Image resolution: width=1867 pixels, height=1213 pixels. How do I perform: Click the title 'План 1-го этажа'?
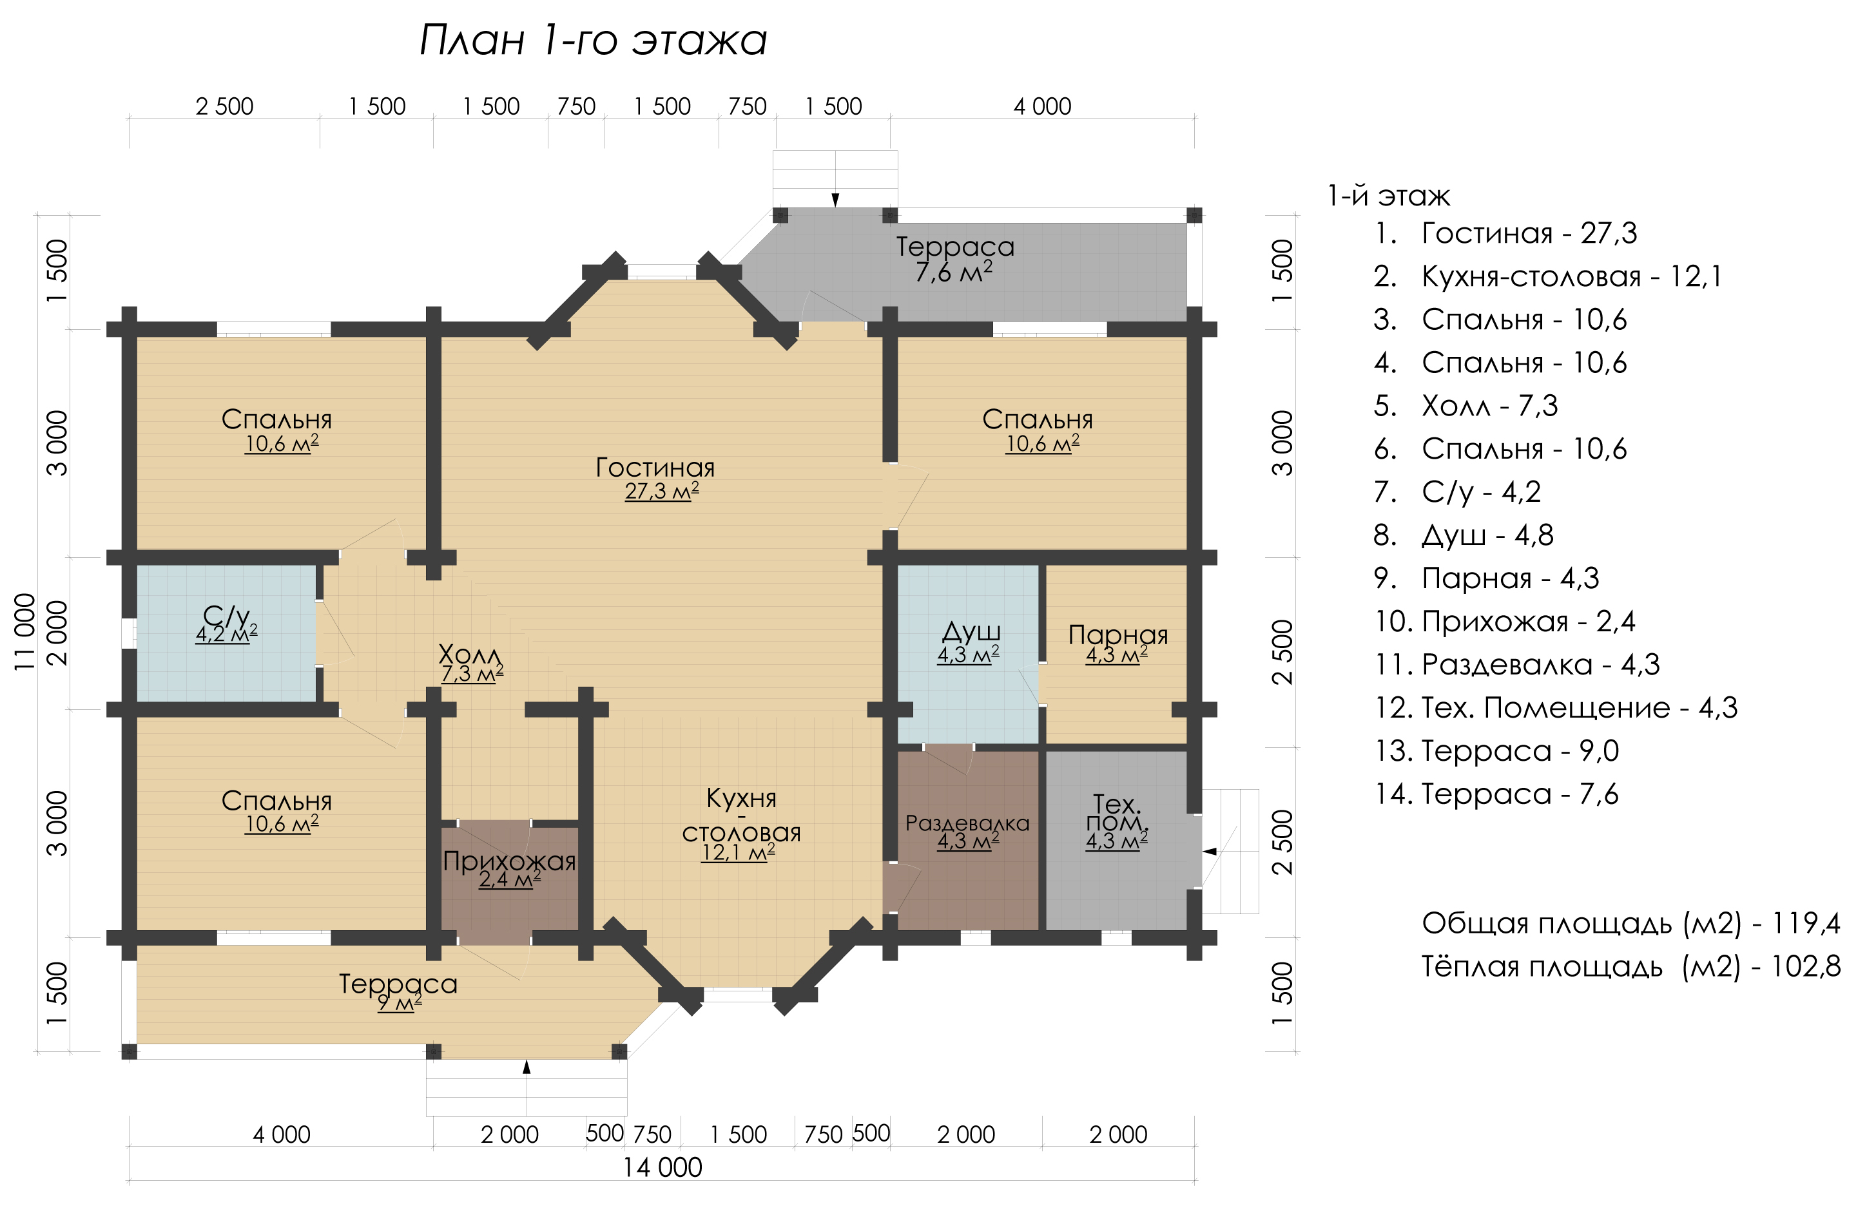(x=593, y=40)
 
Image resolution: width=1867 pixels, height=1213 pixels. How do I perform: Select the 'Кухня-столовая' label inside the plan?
(x=741, y=816)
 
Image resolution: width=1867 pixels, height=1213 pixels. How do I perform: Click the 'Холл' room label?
(x=469, y=653)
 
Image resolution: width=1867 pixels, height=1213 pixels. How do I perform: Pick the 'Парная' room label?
(x=1118, y=635)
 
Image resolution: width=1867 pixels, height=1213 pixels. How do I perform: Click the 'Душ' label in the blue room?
(x=971, y=632)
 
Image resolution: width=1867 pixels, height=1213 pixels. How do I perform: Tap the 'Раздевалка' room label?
(x=967, y=823)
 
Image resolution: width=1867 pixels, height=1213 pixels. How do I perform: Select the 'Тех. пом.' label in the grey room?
(x=1117, y=813)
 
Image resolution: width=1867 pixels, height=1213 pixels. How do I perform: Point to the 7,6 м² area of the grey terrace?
(x=954, y=272)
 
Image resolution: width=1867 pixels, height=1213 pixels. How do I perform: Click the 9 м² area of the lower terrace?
(x=400, y=1002)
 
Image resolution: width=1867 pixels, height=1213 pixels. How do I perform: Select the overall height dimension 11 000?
(x=25, y=632)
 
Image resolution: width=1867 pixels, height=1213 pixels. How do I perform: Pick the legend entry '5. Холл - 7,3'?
(x=1466, y=405)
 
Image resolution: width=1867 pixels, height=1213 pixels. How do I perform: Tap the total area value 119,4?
(x=1806, y=923)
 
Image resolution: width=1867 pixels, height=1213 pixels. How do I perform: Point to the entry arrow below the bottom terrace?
(x=527, y=1066)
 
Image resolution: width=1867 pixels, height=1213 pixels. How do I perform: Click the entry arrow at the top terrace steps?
(x=835, y=200)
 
